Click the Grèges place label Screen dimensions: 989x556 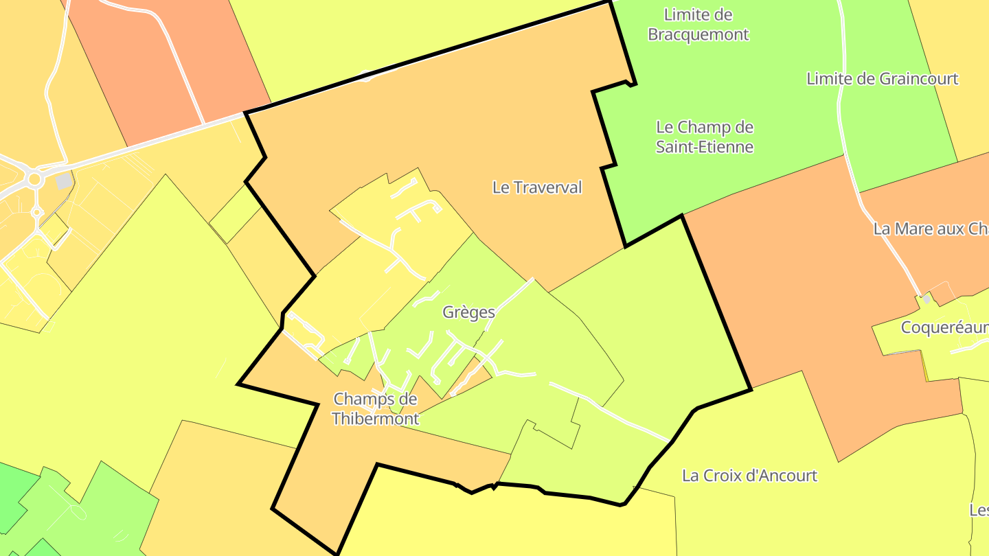tap(468, 312)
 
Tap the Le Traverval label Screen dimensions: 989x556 tap(537, 187)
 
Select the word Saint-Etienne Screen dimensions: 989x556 tap(705, 147)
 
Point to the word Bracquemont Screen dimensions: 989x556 tap(698, 34)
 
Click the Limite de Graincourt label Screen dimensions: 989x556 tap(882, 79)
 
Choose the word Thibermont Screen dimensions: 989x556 tap(375, 418)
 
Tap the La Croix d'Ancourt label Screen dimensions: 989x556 tap(749, 475)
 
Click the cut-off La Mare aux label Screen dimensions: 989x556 tap(930, 229)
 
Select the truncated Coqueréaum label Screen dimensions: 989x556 tap(944, 327)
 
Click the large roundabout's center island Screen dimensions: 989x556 tap(33, 179)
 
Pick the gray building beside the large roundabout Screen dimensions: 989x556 tap(65, 181)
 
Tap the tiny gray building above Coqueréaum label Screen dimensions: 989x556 tap(926, 299)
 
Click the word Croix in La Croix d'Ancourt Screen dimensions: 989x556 tap(720, 475)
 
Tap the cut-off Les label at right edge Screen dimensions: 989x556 tap(979, 510)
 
